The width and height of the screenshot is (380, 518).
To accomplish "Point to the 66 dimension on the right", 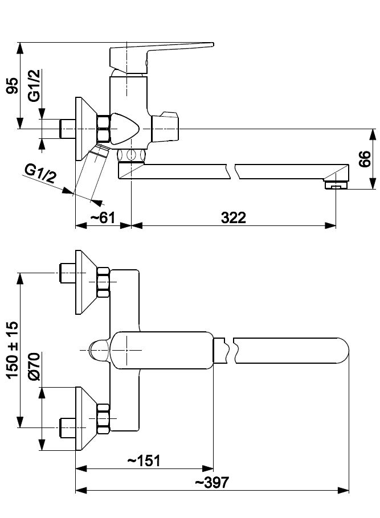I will (365, 159).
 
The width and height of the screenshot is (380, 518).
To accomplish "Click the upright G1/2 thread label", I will (35, 85).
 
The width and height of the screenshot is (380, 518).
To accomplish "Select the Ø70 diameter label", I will (34, 367).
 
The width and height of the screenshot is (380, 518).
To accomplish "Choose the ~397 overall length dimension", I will (212, 482).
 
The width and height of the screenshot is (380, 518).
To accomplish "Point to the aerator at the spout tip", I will (335, 184).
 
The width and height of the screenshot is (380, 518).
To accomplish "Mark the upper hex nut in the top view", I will (103, 283).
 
